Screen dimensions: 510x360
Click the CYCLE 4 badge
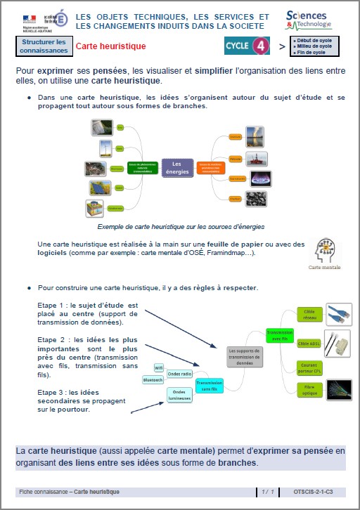click(x=247, y=46)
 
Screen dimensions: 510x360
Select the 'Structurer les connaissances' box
click(x=43, y=46)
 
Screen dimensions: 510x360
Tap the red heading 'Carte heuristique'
click(x=110, y=46)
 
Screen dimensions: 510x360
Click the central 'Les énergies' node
click(x=177, y=166)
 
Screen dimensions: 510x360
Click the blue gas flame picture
click(x=261, y=178)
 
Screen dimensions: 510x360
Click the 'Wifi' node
click(x=159, y=367)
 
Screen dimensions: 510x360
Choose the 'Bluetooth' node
click(x=153, y=379)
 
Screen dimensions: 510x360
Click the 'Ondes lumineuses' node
click(x=179, y=395)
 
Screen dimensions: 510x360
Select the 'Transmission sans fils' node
click(x=210, y=384)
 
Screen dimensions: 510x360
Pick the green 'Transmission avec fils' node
click(x=279, y=336)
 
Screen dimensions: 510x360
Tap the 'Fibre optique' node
click(x=309, y=389)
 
